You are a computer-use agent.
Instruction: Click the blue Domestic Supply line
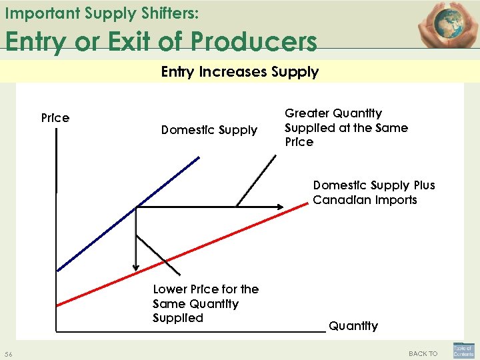coord(127,215)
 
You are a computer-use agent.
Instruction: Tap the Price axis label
coord(55,118)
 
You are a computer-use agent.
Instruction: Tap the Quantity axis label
coord(353,326)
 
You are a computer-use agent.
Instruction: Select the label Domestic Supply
coord(209,130)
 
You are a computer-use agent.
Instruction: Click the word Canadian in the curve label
coord(340,200)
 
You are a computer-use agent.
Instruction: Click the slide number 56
coord(8,353)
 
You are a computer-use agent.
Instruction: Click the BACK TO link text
coord(423,353)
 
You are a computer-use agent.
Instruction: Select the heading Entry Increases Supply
coord(240,71)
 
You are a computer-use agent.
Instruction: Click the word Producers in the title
coord(253,41)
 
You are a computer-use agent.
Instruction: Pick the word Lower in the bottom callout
coord(169,289)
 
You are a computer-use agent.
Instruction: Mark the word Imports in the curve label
coord(396,200)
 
